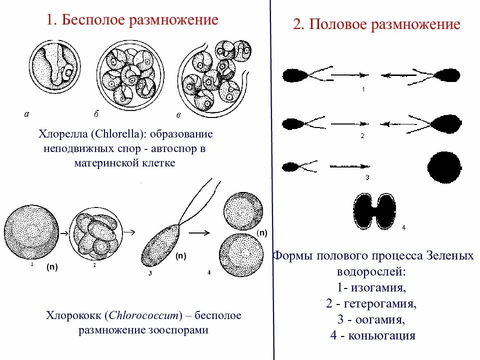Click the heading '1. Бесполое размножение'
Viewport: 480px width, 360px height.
coord(132,20)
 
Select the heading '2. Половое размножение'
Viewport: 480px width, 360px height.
coord(376,25)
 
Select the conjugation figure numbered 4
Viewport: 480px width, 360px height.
coord(374,210)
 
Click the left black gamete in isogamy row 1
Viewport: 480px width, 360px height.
coord(295,75)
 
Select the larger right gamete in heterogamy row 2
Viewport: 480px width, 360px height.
coord(444,123)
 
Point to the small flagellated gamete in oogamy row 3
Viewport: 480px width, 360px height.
coord(293,166)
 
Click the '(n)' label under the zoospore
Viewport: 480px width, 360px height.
coord(180,255)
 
